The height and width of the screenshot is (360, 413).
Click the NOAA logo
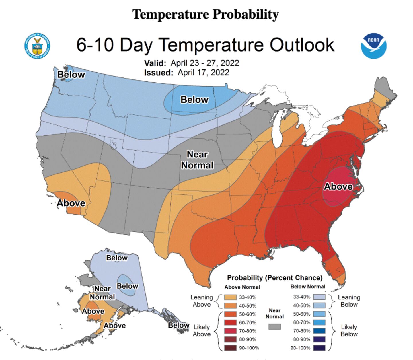pyautogui.click(x=373, y=46)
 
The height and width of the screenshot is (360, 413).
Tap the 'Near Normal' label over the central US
pyautogui.click(x=197, y=160)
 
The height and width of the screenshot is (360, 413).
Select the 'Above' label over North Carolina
pyautogui.click(x=338, y=187)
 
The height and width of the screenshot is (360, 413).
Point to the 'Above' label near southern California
pyautogui.click(x=71, y=203)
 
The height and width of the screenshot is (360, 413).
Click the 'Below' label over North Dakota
pyautogui.click(x=194, y=100)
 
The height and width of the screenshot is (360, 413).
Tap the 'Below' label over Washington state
pyautogui.click(x=71, y=75)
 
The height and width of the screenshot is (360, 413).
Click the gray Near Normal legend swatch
pyautogui.click(x=274, y=327)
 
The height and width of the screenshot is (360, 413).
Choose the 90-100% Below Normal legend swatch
pyautogui.click(x=319, y=348)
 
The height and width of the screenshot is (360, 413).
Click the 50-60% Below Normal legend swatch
pyautogui.click(x=319, y=314)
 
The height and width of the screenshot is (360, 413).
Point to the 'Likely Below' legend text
pyautogui.click(x=349, y=330)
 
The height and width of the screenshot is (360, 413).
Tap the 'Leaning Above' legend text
pyautogui.click(x=202, y=301)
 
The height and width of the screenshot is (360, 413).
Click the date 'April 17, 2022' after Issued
pyautogui.click(x=203, y=72)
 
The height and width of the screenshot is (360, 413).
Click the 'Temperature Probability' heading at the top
pyautogui.click(x=205, y=14)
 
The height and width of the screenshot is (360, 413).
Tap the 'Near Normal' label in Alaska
pyautogui.click(x=102, y=293)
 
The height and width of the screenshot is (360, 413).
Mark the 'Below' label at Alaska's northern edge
pyautogui.click(x=117, y=258)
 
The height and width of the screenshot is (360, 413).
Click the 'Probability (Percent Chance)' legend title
pyautogui.click(x=274, y=278)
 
